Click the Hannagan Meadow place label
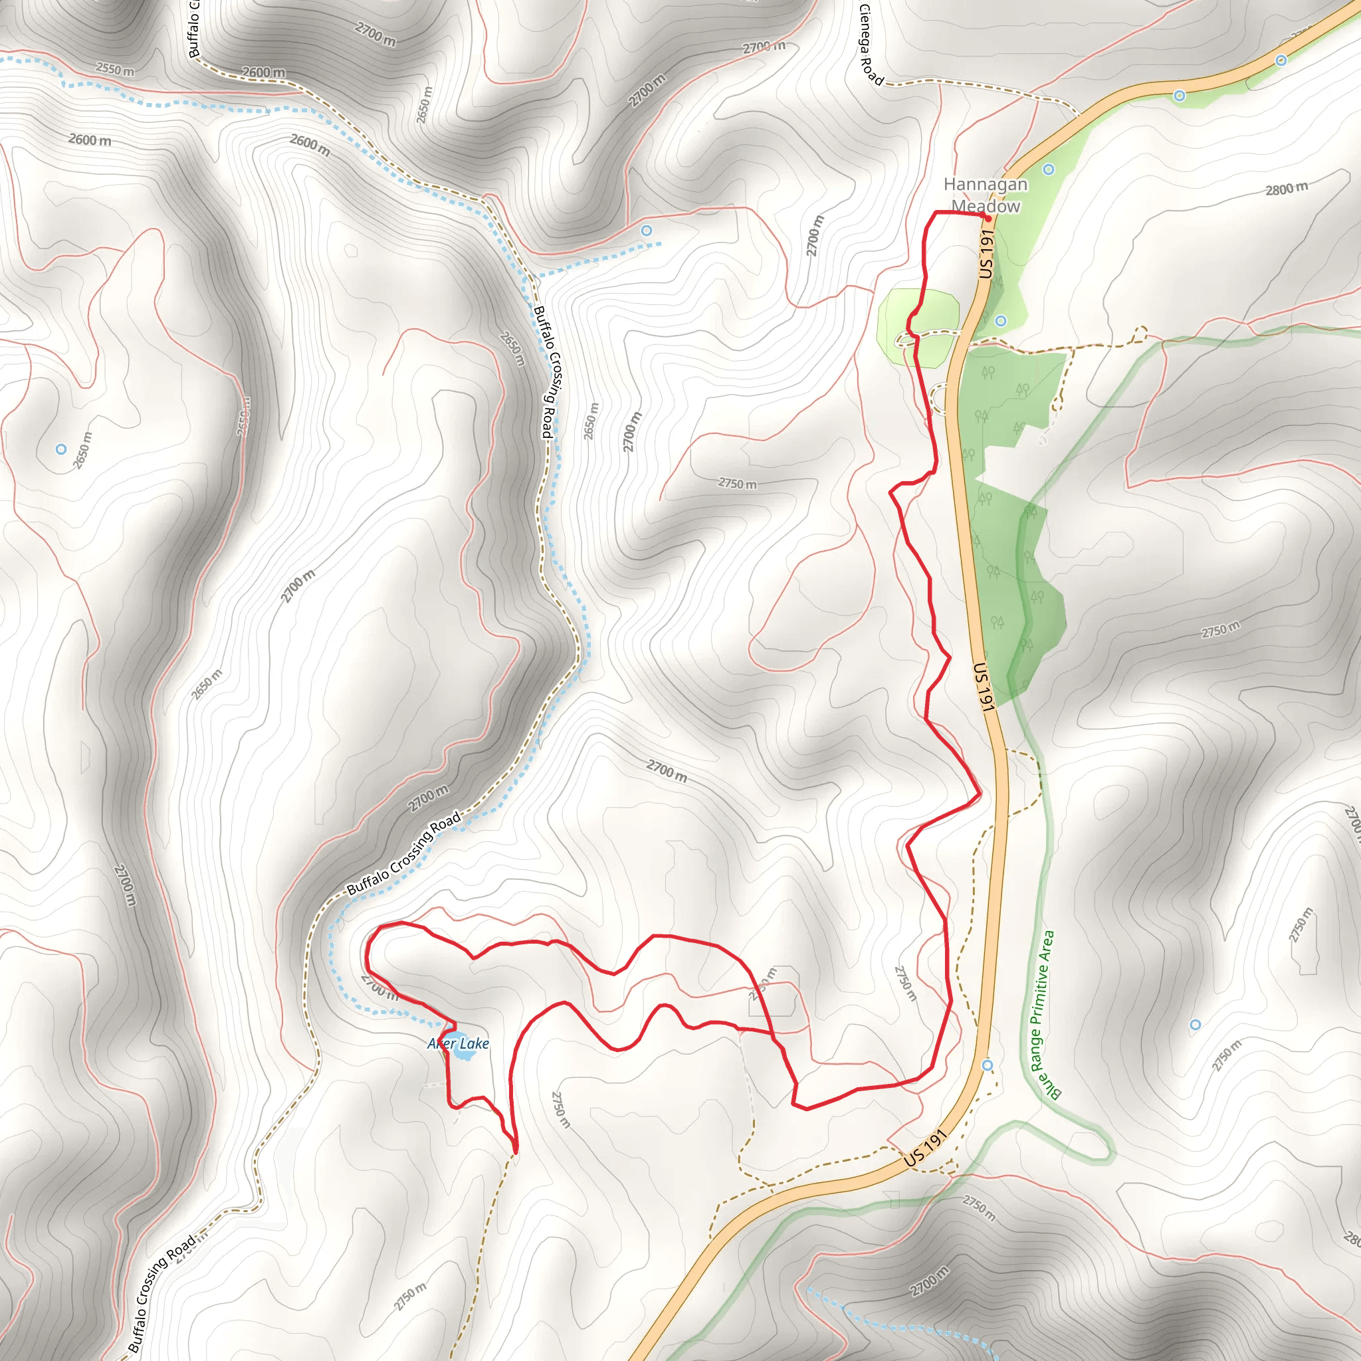point(985,195)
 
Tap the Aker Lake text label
point(458,1043)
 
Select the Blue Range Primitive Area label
point(1043,1014)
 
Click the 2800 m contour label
point(1287,189)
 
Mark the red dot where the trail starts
point(988,219)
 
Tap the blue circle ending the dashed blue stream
point(646,231)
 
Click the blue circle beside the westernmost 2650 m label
point(61,449)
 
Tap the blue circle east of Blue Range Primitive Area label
point(1195,1024)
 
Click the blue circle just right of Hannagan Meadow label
point(1048,169)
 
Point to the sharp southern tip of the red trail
point(516,1152)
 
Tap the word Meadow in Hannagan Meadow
point(986,207)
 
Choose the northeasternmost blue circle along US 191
point(1281,60)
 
